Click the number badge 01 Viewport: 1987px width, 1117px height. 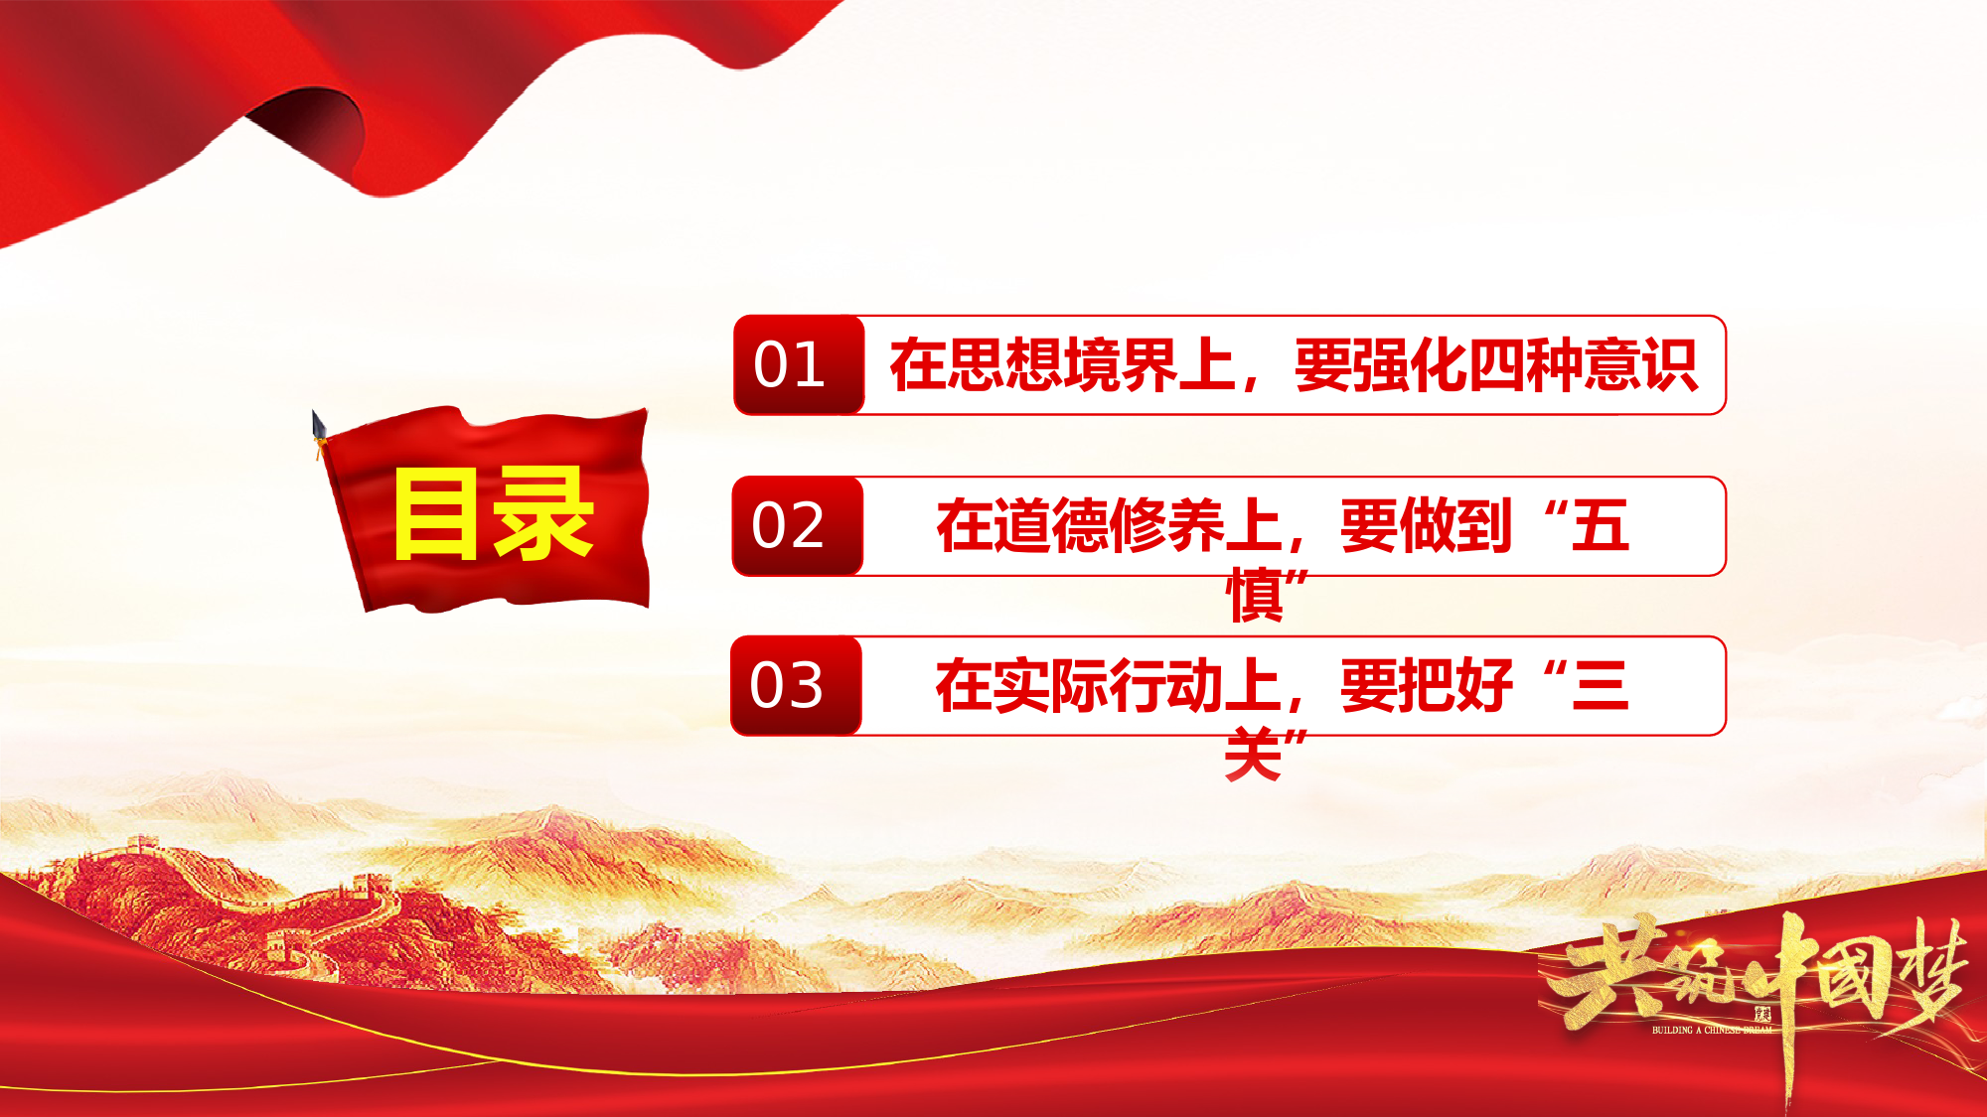(799, 364)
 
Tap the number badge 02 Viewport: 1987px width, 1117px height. (798, 525)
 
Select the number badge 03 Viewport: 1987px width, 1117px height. (796, 686)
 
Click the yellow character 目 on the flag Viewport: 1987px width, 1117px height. (436, 513)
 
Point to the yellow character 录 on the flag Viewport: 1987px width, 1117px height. (544, 513)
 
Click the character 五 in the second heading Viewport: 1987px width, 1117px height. (1601, 526)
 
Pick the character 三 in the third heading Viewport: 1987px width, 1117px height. (1601, 686)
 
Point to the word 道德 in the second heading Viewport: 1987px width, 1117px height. (1051, 526)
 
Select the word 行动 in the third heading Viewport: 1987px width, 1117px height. (1166, 686)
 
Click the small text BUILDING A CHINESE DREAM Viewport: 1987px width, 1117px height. (1712, 1030)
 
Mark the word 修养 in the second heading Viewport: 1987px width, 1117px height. (1166, 526)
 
